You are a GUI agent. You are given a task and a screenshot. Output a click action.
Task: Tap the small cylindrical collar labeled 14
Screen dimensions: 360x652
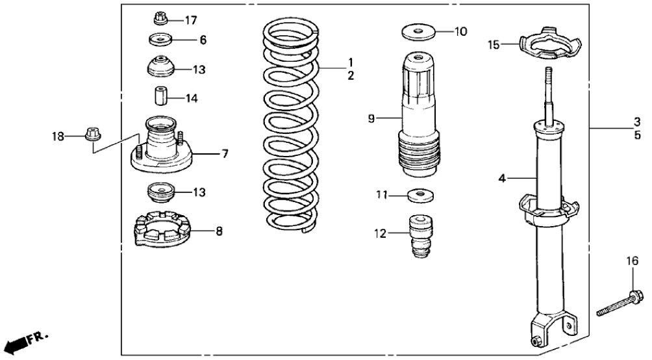[161, 96]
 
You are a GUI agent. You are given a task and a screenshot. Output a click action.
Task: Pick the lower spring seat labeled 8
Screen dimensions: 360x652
[162, 230]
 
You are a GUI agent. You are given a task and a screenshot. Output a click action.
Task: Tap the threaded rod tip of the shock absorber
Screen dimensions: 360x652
[548, 84]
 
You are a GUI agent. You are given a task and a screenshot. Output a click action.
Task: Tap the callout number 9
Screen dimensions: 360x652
[371, 118]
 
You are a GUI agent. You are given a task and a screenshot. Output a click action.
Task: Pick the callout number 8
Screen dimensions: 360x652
[218, 231]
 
